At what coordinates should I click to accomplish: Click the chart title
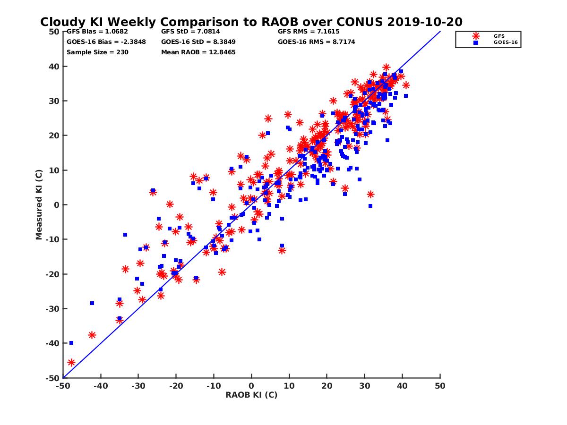pos(251,22)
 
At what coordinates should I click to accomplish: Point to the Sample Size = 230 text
pos(97,52)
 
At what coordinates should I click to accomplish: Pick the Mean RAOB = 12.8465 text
pos(198,52)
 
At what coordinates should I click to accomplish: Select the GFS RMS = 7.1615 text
pos(309,32)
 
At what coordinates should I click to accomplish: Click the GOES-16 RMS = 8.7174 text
pos(317,42)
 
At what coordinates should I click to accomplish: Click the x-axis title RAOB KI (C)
pos(251,395)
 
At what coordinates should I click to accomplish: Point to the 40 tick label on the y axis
pos(54,66)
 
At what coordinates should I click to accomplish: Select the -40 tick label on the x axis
pos(100,386)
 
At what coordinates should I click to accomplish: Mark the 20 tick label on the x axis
pos(327,386)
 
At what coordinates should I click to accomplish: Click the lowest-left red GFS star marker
pos(71,363)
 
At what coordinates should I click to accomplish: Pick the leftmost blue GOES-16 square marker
pos(71,343)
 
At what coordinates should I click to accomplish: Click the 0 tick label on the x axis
pos(251,386)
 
